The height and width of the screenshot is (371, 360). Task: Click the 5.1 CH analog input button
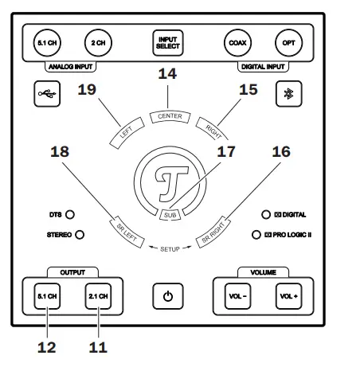(46, 42)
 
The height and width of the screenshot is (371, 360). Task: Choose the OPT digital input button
(288, 42)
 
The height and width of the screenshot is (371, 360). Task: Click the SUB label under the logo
(168, 214)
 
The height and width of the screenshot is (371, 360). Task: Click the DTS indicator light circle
(70, 214)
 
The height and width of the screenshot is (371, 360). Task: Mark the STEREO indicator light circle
(79, 234)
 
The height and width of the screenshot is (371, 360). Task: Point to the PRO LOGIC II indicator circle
(256, 235)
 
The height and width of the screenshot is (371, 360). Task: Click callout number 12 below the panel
(46, 347)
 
